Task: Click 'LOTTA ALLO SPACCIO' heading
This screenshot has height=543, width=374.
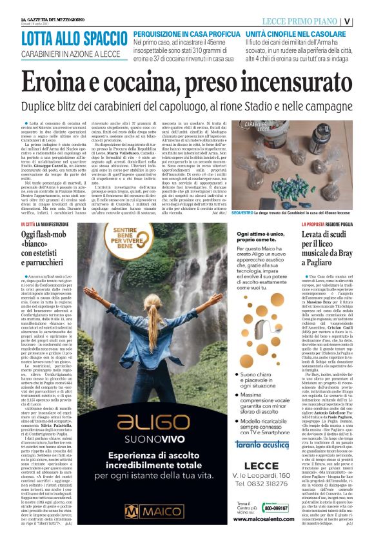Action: coord(74,38)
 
